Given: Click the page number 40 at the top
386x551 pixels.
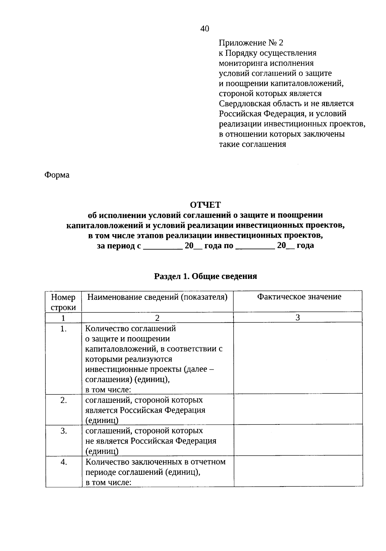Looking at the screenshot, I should pyautogui.click(x=205, y=29).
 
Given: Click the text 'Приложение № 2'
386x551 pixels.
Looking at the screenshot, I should pyautogui.click(x=251, y=43).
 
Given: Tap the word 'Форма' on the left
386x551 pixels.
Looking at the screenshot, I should pyautogui.click(x=57, y=175).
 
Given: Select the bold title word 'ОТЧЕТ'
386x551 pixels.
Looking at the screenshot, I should pyautogui.click(x=205, y=205).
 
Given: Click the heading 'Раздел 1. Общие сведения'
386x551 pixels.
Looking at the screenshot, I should pyautogui.click(x=206, y=276).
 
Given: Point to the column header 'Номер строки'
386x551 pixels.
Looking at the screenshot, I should pyautogui.click(x=63, y=302).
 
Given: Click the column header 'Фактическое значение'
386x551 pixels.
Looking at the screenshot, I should pyautogui.click(x=299, y=297).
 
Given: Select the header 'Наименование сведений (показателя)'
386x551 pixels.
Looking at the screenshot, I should pyautogui.click(x=157, y=297).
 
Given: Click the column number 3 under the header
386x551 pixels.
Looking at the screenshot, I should pyautogui.click(x=298, y=318).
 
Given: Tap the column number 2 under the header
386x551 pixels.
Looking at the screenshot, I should pyautogui.click(x=157, y=318).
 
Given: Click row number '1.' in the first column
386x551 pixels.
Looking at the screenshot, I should pyautogui.click(x=63, y=329).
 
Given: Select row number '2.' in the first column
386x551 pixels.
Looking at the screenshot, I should pyautogui.click(x=63, y=400).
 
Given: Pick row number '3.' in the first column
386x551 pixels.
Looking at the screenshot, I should pyautogui.click(x=63, y=431).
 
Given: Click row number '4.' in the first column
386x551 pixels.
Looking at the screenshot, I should pyautogui.click(x=63, y=462).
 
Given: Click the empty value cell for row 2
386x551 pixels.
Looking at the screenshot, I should pyautogui.click(x=298, y=410).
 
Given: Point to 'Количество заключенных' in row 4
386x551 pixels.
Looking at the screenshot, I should pyautogui.click(x=129, y=462).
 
